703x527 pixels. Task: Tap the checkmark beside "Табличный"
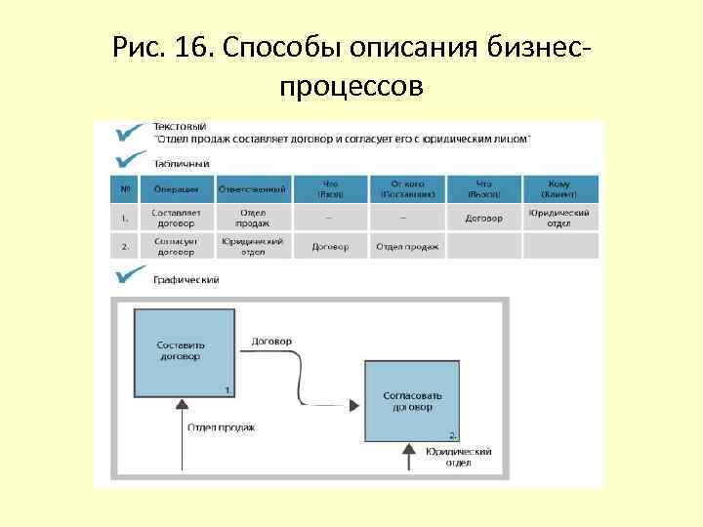[x=129, y=161]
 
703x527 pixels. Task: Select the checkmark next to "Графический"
[x=130, y=277]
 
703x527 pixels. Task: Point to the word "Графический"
[x=186, y=279]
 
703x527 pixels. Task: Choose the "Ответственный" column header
[x=252, y=188]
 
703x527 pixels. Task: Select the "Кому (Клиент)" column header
[x=560, y=188]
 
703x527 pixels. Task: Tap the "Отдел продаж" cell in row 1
[x=252, y=218]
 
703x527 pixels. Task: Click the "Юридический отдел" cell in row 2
[x=252, y=246]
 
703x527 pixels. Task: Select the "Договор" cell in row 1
[x=483, y=218]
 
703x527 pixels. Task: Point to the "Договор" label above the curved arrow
[x=271, y=342]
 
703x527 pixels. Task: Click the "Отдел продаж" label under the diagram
[x=222, y=427]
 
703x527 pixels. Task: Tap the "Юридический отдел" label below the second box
[x=458, y=457]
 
